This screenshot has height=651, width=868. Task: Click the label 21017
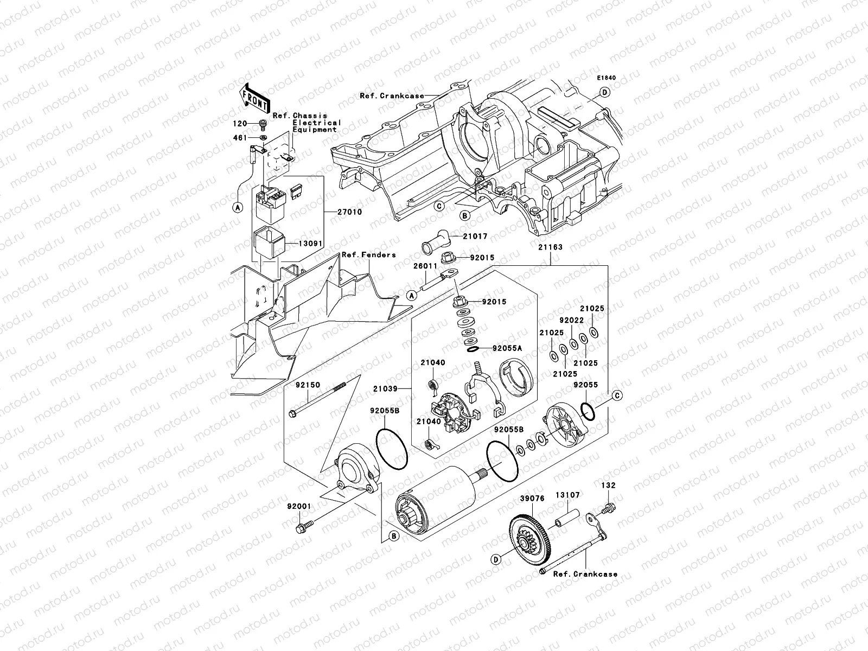475,236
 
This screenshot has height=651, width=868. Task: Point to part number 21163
551,247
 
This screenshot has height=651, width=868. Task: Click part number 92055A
507,349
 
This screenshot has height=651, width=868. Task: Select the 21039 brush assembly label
385,389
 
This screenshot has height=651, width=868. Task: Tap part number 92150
308,385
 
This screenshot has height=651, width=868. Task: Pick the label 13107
567,495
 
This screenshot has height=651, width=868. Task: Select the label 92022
571,320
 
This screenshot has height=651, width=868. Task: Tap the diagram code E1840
607,78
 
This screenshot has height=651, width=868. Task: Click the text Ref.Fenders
368,255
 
